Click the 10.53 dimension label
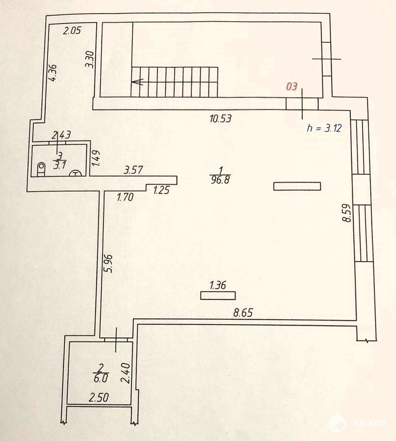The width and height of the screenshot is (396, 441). point(221,118)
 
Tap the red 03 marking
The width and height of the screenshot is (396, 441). point(292,86)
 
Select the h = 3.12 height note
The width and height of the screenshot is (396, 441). point(324,128)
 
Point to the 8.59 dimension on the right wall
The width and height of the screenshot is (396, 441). point(347,213)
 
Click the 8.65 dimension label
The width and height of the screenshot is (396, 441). point(243,312)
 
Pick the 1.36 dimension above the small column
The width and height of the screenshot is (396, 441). point(218,285)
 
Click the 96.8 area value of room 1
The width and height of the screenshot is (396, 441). point(220,179)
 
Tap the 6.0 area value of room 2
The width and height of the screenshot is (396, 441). point(101,378)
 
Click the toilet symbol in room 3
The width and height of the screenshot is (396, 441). point(41,169)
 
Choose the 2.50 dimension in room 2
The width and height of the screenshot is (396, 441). point(99,397)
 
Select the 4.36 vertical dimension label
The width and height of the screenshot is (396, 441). point(53,73)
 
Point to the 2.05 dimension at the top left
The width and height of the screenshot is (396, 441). point(72,30)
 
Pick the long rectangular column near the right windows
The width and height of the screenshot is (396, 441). point(297,186)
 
